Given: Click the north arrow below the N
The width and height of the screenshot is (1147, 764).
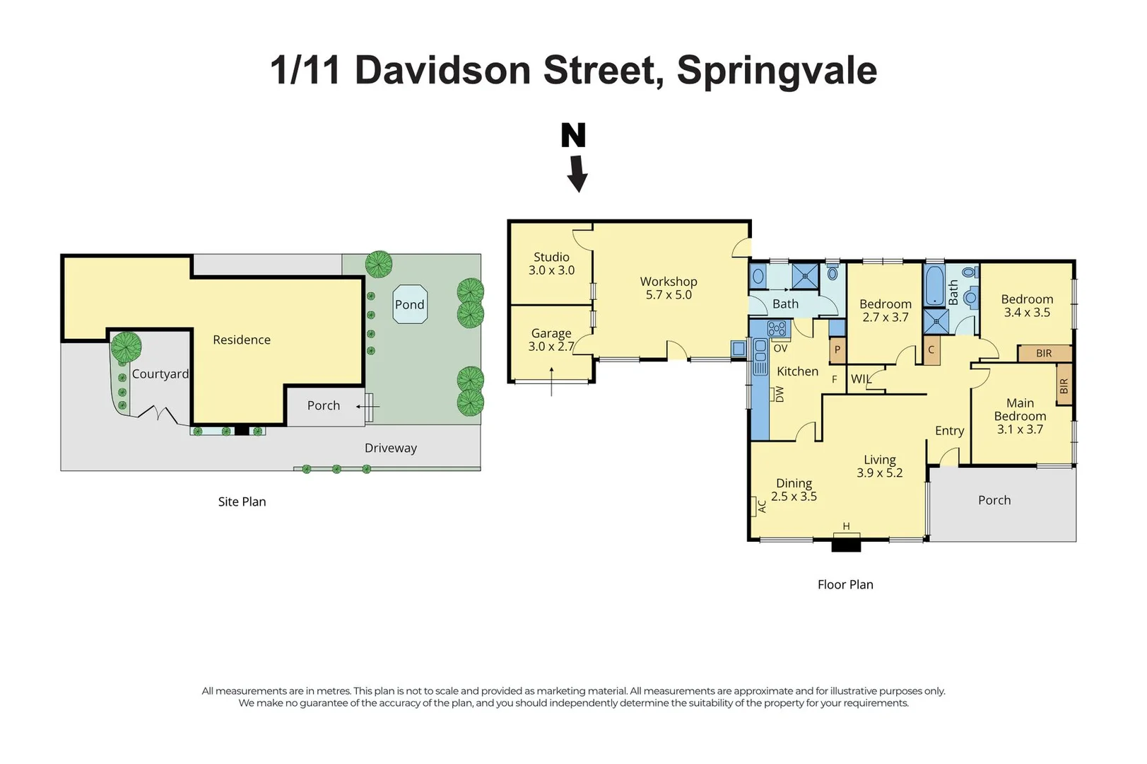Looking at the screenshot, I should [x=577, y=174].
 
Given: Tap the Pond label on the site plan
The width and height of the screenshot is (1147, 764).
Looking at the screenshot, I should [x=409, y=305].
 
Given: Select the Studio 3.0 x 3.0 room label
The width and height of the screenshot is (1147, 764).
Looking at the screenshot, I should [x=551, y=264].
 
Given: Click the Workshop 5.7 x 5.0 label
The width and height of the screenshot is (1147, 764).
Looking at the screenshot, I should [x=669, y=288].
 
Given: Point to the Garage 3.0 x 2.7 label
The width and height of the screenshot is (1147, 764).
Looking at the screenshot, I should [x=551, y=340].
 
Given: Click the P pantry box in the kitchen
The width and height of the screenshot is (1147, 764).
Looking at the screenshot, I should [x=837, y=349].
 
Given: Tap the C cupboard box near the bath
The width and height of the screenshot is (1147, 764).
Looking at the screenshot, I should [x=931, y=349].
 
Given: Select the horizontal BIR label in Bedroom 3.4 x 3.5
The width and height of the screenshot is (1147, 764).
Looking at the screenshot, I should [x=1044, y=353].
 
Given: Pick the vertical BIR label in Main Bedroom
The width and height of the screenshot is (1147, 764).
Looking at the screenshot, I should [x=1064, y=386].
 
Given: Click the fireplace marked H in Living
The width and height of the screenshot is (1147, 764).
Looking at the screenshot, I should [x=846, y=543].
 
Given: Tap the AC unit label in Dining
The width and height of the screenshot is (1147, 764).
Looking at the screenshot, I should [x=762, y=506].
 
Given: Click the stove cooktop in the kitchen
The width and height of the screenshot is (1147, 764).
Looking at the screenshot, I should [x=776, y=328].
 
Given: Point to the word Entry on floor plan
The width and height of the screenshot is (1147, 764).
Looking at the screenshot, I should [x=949, y=431].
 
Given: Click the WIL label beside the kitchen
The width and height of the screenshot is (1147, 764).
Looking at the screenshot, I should [x=861, y=379].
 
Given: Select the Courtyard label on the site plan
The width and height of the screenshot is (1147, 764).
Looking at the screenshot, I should [x=160, y=374].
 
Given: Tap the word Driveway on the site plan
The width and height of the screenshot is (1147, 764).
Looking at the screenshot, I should [x=390, y=448].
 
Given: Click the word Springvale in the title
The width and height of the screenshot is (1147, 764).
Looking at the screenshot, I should [x=777, y=71].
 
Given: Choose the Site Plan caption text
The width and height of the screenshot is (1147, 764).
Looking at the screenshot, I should [x=242, y=502].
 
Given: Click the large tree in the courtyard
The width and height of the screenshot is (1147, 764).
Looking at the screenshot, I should [x=126, y=347].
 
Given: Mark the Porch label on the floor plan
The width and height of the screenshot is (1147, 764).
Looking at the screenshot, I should [x=994, y=500].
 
